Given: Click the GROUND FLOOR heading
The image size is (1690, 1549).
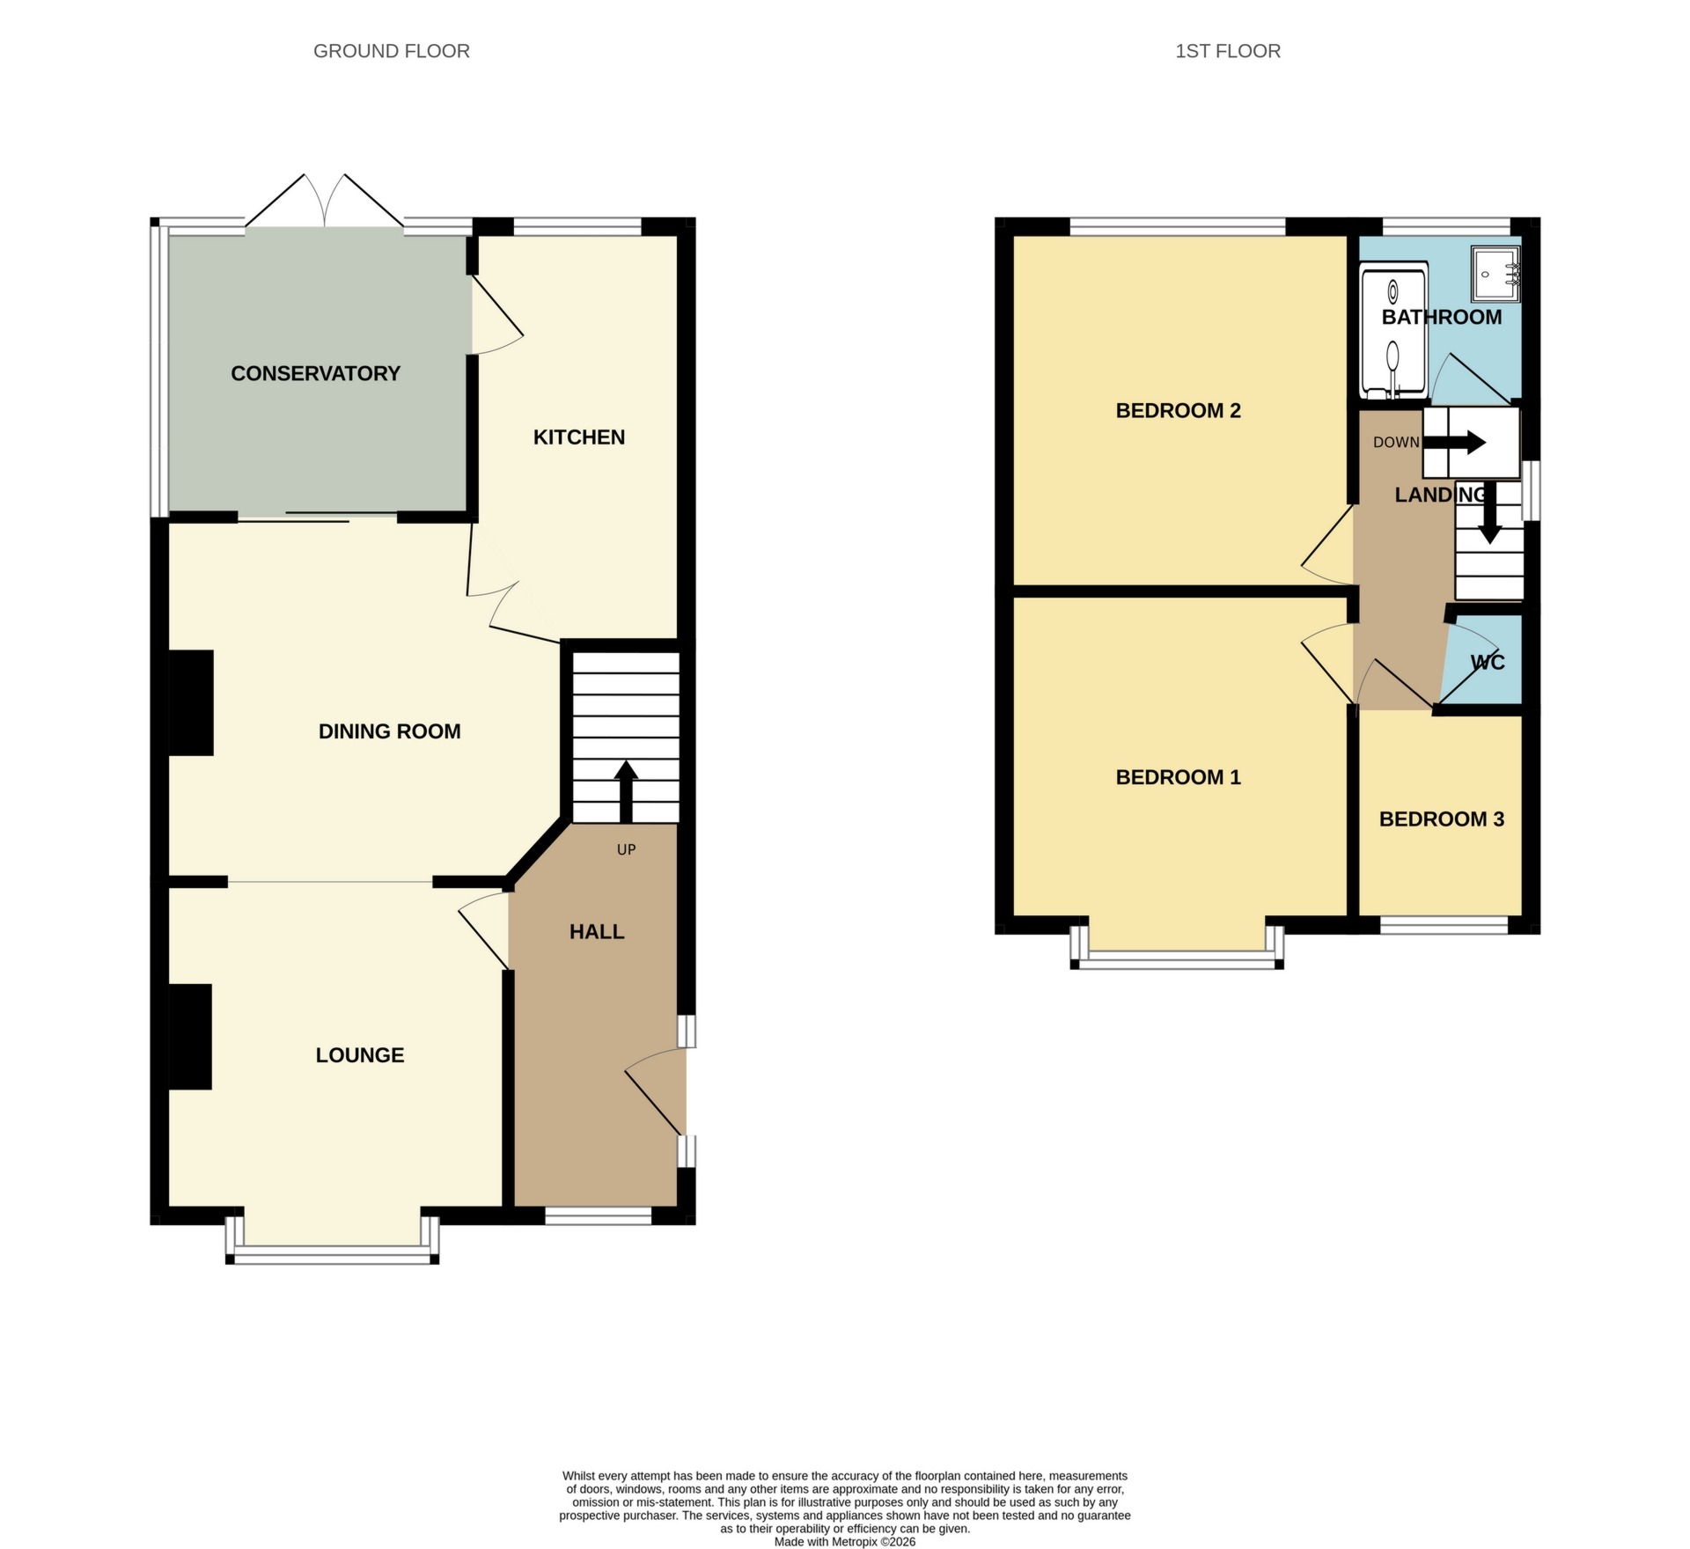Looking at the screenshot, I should point(391,51).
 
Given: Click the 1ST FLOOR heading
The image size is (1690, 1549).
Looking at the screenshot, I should point(1227,51).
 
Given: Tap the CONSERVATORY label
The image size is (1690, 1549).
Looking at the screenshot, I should point(315,373).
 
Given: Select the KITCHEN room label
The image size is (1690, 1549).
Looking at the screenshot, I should point(578,437).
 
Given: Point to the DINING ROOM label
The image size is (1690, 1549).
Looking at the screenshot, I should point(389,730).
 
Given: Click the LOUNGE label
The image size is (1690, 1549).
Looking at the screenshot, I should point(359,1054).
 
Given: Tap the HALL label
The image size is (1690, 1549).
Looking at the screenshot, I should point(596,931).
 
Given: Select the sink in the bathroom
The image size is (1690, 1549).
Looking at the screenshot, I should point(1495,272).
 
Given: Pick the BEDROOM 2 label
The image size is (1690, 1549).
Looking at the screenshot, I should point(1178,410).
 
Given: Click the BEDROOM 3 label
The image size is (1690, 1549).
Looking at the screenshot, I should point(1441,819).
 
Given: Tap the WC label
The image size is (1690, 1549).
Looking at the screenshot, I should point(1488,662).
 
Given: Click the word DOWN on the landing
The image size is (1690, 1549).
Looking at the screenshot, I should point(1396,442).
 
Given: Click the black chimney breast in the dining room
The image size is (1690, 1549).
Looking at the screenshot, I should point(191,702).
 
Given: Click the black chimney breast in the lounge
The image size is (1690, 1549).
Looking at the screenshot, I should point(190,1036).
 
